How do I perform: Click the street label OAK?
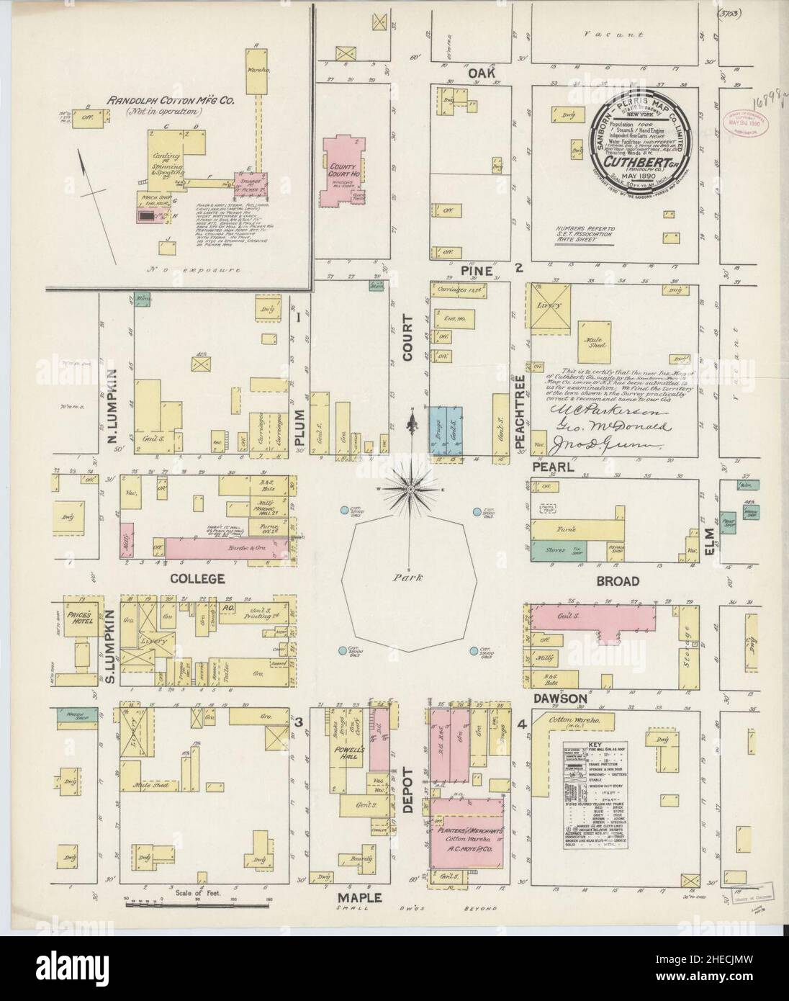pos(479,73)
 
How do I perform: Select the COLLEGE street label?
pos(197,578)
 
